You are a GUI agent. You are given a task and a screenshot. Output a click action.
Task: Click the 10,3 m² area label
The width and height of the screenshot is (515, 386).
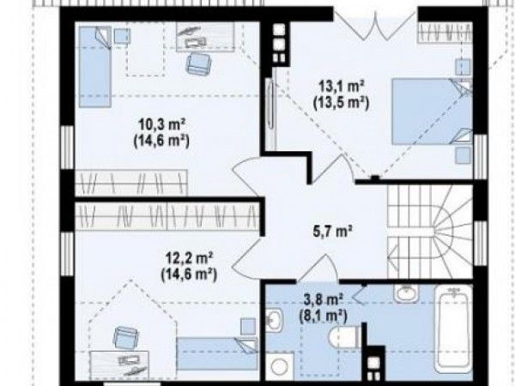[161, 125]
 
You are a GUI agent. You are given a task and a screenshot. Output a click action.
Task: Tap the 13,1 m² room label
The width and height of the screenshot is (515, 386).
[342, 87]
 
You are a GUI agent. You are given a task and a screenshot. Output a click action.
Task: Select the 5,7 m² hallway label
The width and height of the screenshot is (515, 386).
[331, 232]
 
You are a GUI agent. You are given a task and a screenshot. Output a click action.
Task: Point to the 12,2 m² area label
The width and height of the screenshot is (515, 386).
[189, 257]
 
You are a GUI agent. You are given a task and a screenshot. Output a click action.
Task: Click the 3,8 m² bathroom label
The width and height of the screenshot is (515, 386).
[323, 300]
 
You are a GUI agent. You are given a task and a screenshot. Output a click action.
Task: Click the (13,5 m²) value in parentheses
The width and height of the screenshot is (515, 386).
[342, 103]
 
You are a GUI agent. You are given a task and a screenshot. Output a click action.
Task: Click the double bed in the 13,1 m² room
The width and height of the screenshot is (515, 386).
[433, 111]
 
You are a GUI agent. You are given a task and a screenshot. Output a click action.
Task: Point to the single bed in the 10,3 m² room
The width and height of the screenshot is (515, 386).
[95, 67]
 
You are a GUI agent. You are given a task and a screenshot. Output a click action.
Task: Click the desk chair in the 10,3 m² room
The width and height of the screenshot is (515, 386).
[199, 63]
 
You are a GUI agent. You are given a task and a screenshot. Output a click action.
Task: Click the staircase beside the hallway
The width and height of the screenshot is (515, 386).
[430, 232]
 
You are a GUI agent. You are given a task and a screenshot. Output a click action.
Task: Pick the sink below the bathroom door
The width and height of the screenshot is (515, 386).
[407, 293]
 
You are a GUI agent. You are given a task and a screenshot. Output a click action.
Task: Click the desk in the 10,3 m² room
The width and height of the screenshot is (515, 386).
[206, 36]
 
